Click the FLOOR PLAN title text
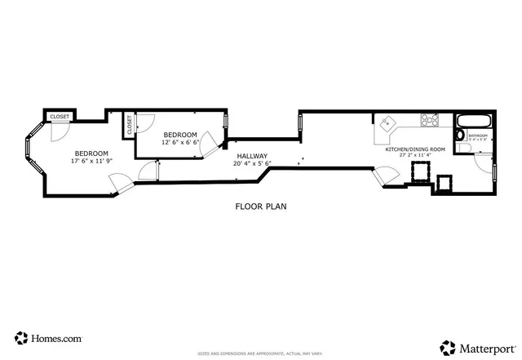click(260, 207)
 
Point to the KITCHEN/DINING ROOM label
click(415, 149)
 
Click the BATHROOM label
click(477, 136)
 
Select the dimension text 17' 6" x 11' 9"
click(91, 161)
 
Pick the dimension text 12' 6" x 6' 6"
click(179, 142)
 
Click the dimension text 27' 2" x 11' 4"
click(415, 156)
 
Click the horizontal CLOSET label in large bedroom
click(60, 118)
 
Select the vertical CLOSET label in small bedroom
click(129, 125)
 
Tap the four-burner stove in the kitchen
click(429, 121)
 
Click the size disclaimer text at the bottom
click(260, 353)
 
